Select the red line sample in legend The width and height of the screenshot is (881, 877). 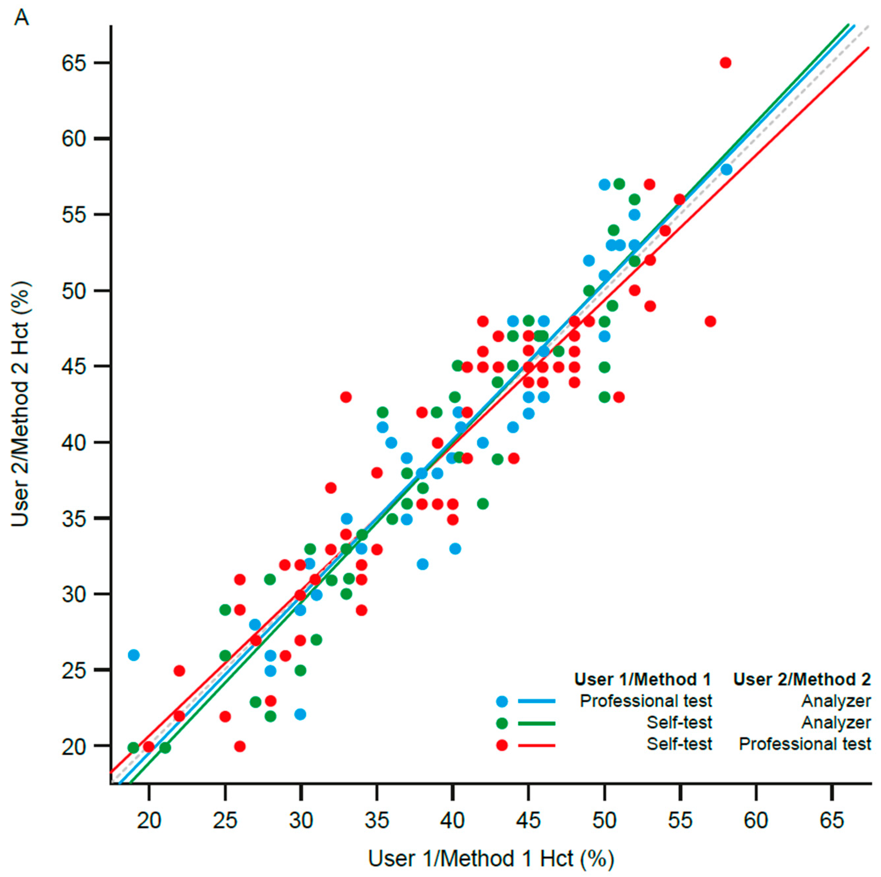(537, 745)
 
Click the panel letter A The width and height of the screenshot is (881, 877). (21, 18)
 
